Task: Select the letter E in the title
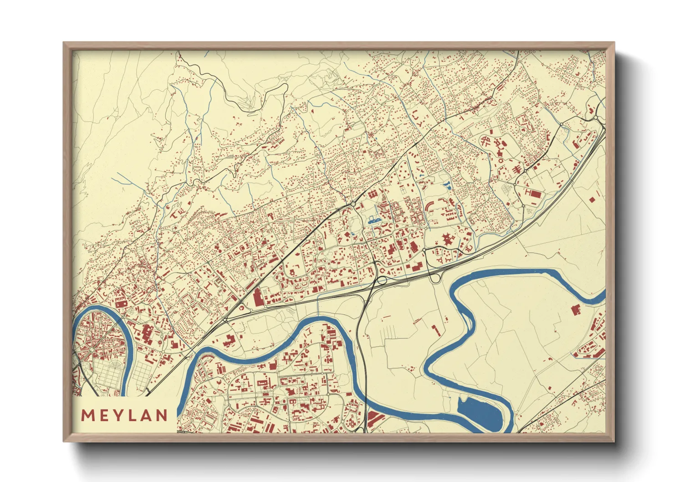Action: point(103,415)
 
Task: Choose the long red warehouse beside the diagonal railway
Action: point(257,297)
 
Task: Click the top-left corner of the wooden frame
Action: point(64,43)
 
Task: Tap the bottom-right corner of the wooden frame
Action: point(613,441)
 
